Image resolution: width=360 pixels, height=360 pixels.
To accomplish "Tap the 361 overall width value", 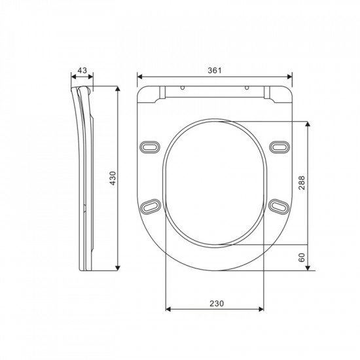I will pyautogui.click(x=213, y=69).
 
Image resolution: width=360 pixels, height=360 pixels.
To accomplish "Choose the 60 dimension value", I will pyautogui.click(x=302, y=258).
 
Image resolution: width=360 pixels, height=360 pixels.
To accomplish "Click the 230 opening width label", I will pyautogui.click(x=216, y=303).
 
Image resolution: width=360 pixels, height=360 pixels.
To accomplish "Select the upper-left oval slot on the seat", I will pyautogui.click(x=150, y=145).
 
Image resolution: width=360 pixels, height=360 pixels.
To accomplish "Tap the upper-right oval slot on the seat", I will pyautogui.click(x=279, y=145).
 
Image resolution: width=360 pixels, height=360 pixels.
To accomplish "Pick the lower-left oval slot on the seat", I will pyautogui.click(x=150, y=206).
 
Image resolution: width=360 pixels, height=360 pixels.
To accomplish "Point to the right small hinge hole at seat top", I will pyautogui.click(x=246, y=88).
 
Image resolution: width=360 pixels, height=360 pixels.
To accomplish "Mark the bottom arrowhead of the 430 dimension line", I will pyautogui.click(x=118, y=268).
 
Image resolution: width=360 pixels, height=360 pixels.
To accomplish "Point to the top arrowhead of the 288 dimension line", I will pyautogui.click(x=308, y=122).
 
